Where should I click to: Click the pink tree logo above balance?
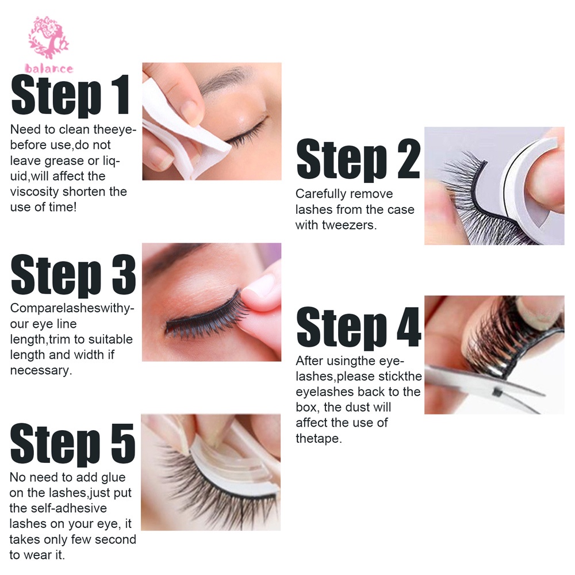tap(48, 37)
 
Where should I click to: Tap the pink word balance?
tap(49, 68)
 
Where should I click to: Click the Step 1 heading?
tap(71, 95)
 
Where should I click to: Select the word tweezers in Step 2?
tap(349, 225)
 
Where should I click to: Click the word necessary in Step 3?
tap(41, 370)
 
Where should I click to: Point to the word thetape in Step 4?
tap(319, 438)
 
